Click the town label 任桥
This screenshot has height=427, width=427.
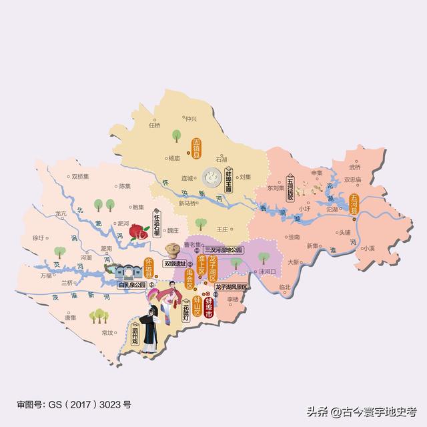[x=155, y=125]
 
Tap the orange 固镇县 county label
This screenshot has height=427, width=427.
[x=197, y=148]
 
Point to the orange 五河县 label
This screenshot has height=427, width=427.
[x=354, y=201]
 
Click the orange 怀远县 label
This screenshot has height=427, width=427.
[x=149, y=267]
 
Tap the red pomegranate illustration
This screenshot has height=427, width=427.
[x=138, y=232]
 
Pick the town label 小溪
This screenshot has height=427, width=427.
[x=368, y=248]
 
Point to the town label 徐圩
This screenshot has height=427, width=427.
[x=38, y=237]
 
